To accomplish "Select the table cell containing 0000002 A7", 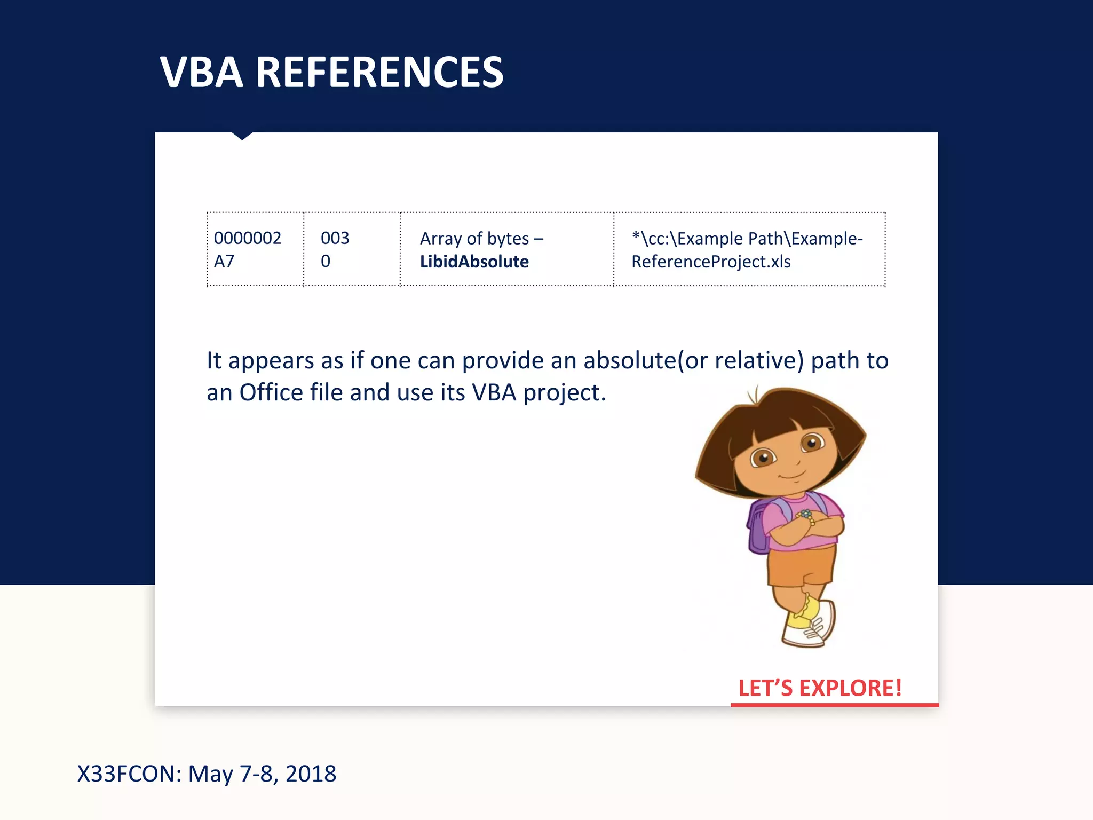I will tap(255, 249).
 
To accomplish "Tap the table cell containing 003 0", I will tap(352, 249).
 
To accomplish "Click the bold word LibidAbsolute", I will tap(474, 262).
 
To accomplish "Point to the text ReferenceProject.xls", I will tap(711, 262).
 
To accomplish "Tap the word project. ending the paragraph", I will tap(565, 393).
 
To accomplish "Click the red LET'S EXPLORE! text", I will tap(820, 688).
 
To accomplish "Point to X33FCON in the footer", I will tap(129, 774).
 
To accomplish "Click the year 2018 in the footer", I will tap(311, 774).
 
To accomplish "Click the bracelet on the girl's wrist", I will tap(806, 516).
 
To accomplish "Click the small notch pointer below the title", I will tap(242, 136).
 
